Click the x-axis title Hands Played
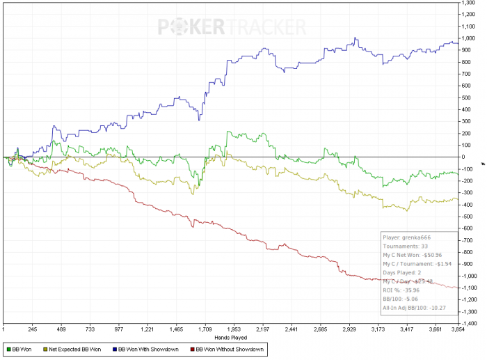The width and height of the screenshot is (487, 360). click(x=230, y=337)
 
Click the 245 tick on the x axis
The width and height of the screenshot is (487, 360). click(x=32, y=329)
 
